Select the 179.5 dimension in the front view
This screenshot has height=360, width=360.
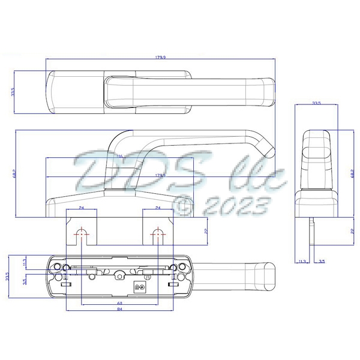(160, 175)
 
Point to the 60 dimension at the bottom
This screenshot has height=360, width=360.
(120, 303)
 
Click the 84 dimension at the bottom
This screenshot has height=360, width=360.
(120, 310)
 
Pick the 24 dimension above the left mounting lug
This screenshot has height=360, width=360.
(82, 208)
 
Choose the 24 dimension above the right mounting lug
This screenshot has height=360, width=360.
(157, 208)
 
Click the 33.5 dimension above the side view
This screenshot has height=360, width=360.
(316, 103)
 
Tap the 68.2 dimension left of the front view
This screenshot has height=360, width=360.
(13, 174)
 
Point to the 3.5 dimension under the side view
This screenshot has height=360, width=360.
(322, 262)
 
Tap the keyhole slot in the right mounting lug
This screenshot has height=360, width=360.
(158, 234)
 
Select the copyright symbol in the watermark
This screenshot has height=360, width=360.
(183, 207)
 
